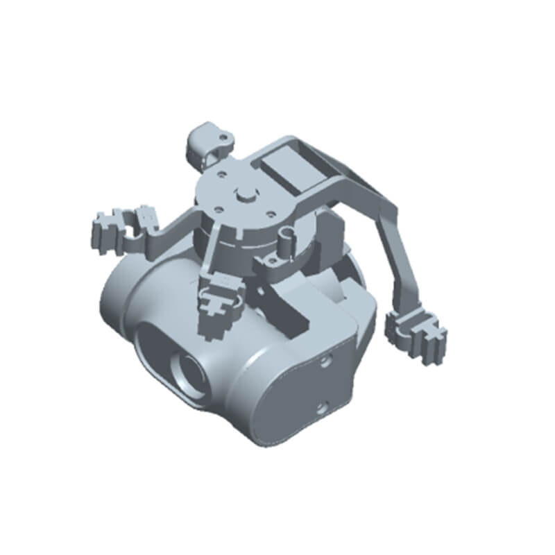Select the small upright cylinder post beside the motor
pyautogui.click(x=285, y=244)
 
